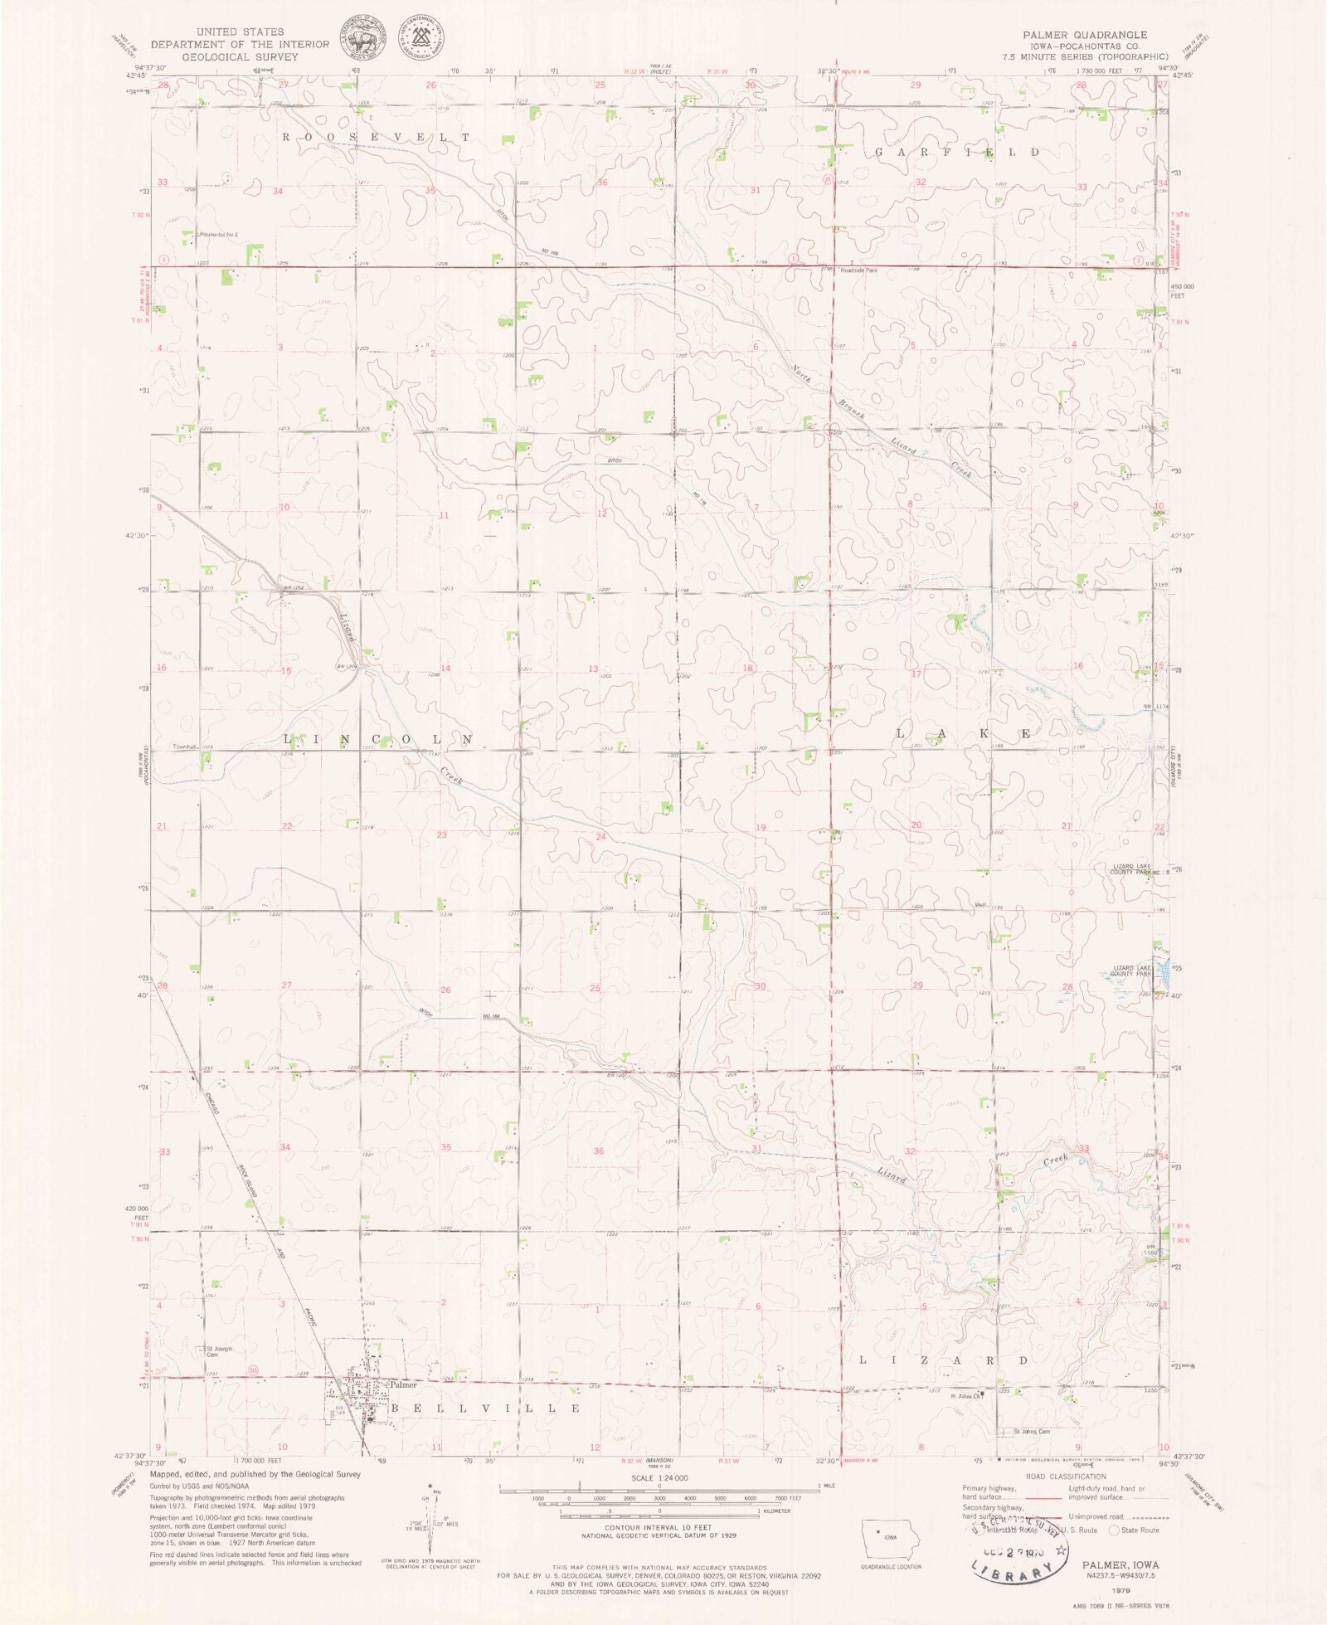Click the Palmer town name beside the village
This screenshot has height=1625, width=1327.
(x=404, y=1384)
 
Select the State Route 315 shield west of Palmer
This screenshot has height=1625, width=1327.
(x=253, y=1370)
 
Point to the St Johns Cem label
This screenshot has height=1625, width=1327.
(x=1033, y=1431)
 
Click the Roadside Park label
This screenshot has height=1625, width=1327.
(x=859, y=270)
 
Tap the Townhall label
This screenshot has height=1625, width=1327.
(x=184, y=747)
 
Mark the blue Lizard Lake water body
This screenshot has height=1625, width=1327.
(x=1164, y=968)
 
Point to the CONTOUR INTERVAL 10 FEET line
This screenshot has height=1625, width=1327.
(x=659, y=1527)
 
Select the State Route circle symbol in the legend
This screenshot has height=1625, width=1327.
(x=1114, y=1530)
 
